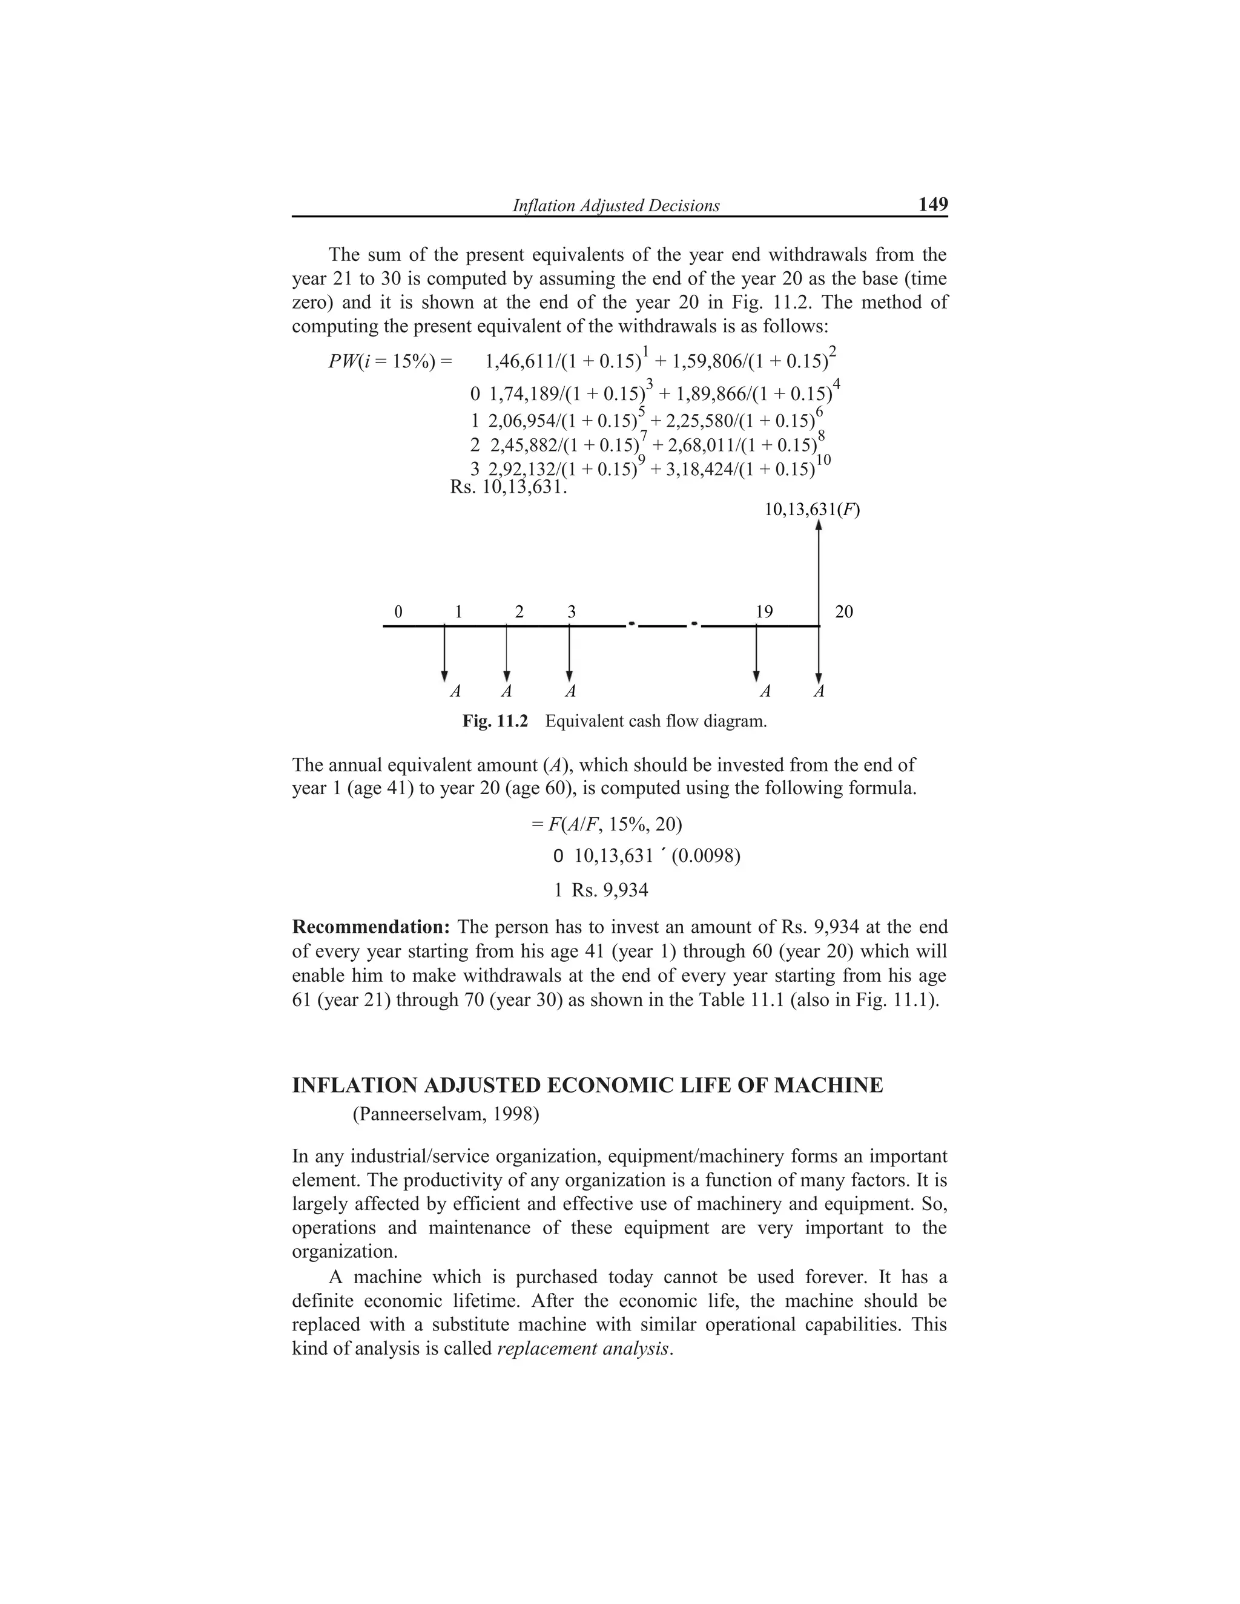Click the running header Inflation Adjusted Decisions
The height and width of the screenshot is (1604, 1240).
616,206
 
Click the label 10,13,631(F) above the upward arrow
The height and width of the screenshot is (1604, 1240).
812,509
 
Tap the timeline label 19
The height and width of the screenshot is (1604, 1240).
764,612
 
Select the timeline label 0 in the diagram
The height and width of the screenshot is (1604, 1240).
398,612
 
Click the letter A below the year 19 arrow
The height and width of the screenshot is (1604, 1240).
765,692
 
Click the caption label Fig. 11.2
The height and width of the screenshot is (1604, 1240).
495,721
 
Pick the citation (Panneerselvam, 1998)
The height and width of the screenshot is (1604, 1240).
446,1115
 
